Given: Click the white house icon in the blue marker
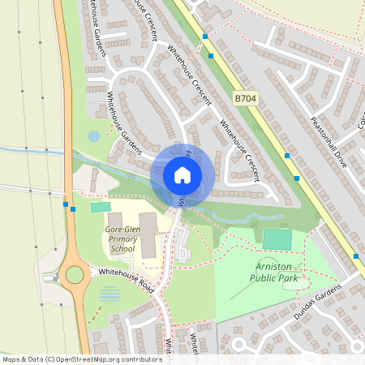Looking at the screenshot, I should coord(182,174).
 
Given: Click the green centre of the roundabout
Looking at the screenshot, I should coord(75,274).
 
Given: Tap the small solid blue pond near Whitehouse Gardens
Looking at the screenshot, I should coord(94,136).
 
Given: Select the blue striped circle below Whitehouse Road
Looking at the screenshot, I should coord(109,294).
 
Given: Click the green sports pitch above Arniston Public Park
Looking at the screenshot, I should coord(277,239).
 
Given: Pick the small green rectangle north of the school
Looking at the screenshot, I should coord(101,208).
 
